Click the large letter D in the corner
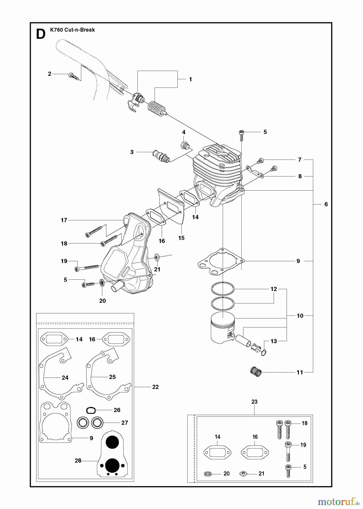pos(41,34)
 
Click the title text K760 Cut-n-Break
pos(72,30)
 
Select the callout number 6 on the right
pos(326,204)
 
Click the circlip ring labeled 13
pos(263,353)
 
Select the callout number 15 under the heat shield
pos(181,238)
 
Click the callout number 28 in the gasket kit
pos(78,461)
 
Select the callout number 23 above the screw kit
pos(254,402)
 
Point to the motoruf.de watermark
pos(338,502)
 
